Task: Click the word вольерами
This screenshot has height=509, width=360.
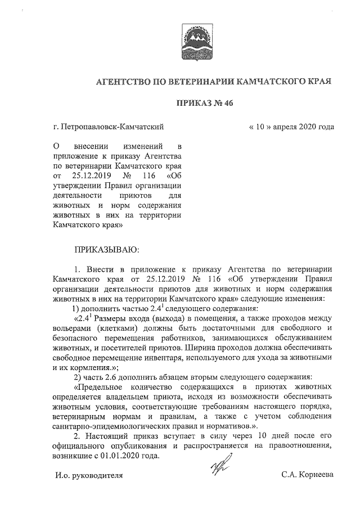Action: tap(71, 327)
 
